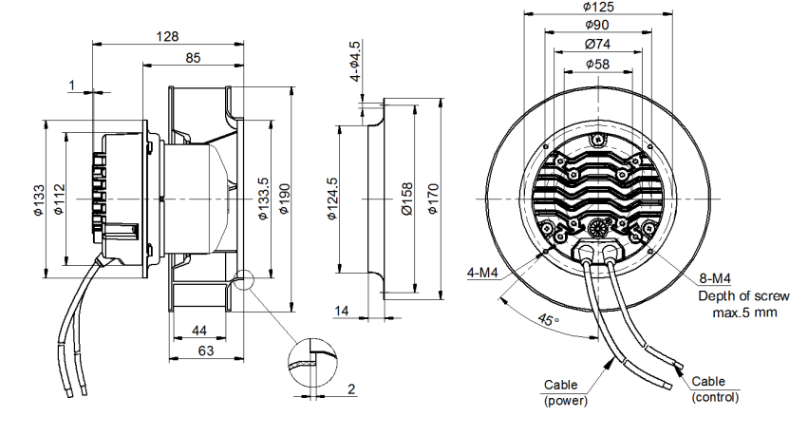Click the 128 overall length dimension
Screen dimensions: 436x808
point(167,36)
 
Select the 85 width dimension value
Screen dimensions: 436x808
point(193,59)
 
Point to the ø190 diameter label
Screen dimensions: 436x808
point(284,200)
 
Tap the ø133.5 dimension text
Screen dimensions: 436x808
point(263,200)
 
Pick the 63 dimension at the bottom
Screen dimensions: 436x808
point(206,351)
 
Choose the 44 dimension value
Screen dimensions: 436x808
point(199,330)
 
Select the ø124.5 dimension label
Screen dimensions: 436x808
point(331,199)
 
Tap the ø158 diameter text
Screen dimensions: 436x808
point(405,200)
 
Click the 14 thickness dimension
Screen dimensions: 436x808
point(343,312)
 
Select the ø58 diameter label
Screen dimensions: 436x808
point(597,64)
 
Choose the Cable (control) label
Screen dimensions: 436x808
point(715,389)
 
